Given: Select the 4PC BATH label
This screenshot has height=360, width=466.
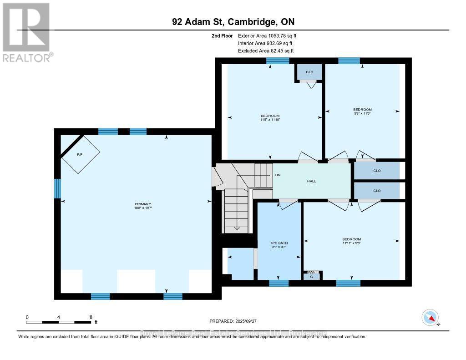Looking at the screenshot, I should [x=279, y=245].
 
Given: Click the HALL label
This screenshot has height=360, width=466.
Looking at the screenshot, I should [x=311, y=181].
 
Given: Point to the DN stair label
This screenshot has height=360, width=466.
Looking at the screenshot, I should [x=278, y=175].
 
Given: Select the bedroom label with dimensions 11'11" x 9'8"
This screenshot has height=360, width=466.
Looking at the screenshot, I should [x=351, y=241].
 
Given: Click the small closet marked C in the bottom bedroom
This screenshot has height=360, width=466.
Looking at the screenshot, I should [x=311, y=276].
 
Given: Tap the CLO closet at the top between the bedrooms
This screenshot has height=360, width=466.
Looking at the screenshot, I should [x=309, y=72].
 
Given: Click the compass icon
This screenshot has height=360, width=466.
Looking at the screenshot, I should [x=430, y=317].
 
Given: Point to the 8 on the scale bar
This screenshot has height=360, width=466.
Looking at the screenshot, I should [x=91, y=317].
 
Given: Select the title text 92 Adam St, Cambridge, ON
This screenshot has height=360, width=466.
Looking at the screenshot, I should [x=233, y=22].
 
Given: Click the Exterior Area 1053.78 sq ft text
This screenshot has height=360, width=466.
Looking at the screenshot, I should [x=268, y=35].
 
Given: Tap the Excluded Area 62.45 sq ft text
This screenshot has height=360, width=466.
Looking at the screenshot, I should [x=266, y=51].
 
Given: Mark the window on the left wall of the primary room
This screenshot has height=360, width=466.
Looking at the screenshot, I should [x=58, y=188].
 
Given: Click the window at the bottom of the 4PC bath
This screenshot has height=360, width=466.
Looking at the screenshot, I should [x=279, y=283].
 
